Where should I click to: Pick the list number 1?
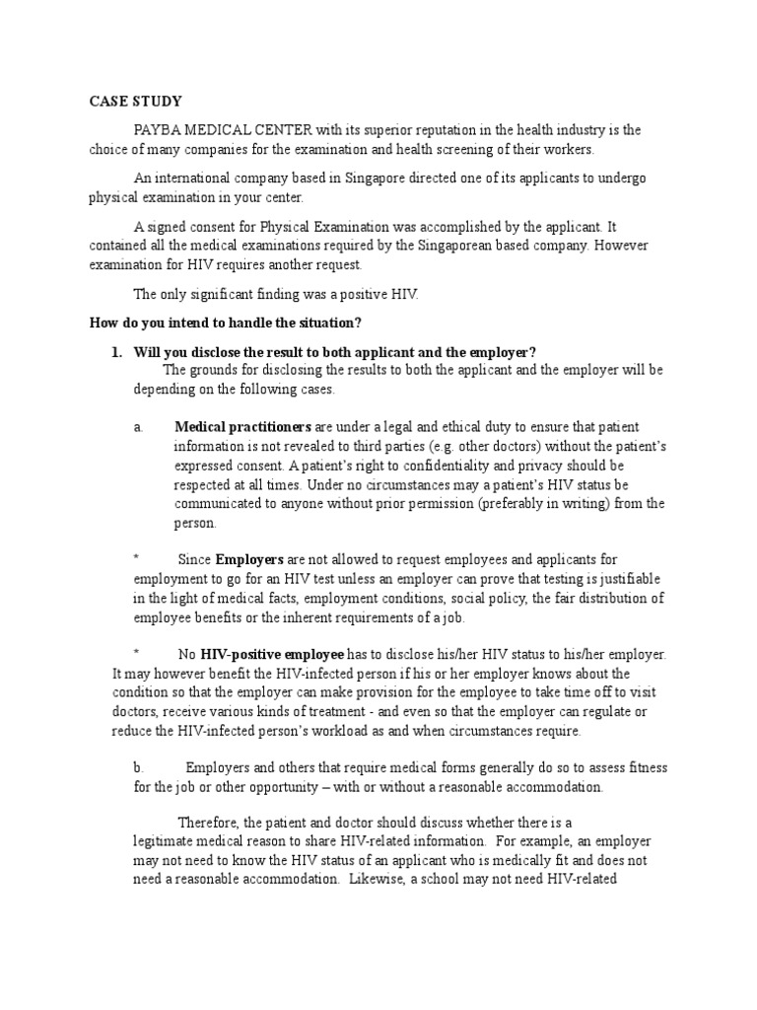pos(114,352)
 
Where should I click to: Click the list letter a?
pos(139,427)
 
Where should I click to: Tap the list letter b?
pos(139,767)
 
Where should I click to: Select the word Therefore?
pos(207,823)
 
